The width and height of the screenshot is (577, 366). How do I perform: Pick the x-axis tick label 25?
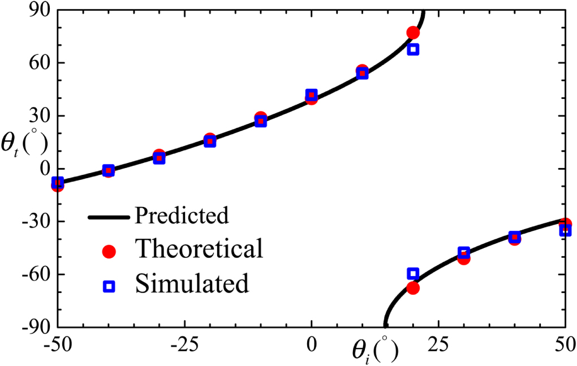[437, 343]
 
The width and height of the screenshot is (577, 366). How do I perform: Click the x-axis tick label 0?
[311, 343]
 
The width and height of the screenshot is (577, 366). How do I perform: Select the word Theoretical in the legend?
[199, 248]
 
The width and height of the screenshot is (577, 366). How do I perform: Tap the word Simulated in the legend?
[192, 283]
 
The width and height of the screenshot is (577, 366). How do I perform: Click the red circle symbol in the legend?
[109, 252]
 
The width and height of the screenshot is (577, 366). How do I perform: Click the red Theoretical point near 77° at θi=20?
[413, 33]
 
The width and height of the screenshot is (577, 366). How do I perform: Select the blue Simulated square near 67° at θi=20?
[413, 50]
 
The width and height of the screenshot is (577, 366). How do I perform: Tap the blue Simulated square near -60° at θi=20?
[413, 274]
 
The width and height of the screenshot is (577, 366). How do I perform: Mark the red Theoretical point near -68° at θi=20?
[413, 288]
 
